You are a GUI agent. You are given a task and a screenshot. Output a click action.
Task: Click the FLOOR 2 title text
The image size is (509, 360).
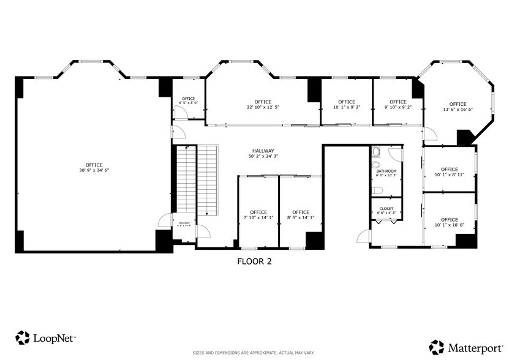click(254, 261)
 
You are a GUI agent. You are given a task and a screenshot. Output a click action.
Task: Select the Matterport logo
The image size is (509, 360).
click(464, 347)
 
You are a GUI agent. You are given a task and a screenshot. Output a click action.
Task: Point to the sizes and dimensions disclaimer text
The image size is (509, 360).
click(254, 353)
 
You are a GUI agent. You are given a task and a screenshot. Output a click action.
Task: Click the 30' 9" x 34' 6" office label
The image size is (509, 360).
click(94, 168)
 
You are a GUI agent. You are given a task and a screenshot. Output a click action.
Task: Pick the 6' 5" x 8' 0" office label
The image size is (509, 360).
click(188, 101)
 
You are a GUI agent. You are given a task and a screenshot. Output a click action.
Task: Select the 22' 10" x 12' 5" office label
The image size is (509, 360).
click(263, 105)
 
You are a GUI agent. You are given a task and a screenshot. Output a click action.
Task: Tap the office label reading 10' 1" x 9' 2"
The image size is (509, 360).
click(346, 105)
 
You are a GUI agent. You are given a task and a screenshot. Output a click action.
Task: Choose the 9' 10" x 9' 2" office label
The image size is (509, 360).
click(398, 105)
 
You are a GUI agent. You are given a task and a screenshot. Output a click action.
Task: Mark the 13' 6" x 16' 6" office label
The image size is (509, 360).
click(458, 107)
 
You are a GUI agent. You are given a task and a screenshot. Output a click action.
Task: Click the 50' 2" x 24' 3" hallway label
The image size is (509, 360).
click(263, 154)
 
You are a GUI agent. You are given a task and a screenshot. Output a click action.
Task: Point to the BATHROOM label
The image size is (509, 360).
click(386, 173)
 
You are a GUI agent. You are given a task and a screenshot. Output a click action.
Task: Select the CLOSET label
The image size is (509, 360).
click(386, 211)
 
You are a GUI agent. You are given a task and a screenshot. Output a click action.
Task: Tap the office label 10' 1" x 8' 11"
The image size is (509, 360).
click(449, 172)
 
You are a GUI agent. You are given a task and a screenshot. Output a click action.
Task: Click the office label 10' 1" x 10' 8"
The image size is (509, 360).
click(449, 222)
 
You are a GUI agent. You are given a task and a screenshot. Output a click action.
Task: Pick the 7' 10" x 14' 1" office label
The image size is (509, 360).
click(258, 215)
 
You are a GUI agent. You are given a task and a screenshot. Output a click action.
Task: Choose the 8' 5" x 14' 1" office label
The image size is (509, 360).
click(300, 215)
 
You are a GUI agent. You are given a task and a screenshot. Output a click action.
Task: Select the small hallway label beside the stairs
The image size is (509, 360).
click(184, 224)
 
